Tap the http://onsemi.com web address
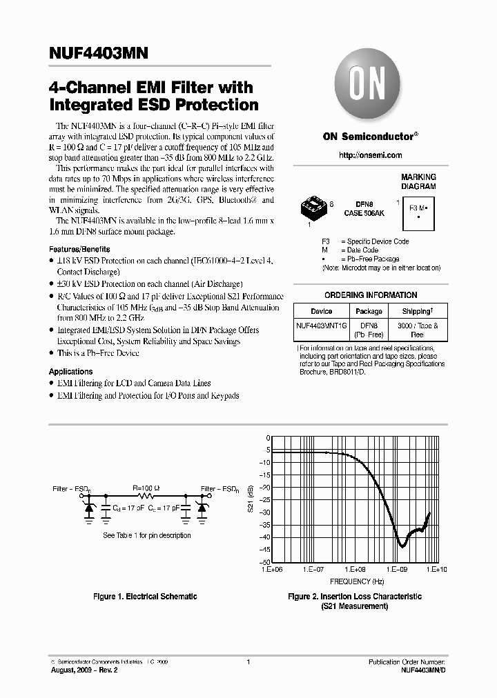pyautogui.click(x=371, y=156)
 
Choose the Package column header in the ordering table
pyautogui.click(x=369, y=311)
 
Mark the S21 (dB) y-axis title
pyautogui.click(x=249, y=501)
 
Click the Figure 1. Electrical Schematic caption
pyautogui.click(x=145, y=597)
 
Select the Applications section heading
pyautogui.click(x=70, y=372)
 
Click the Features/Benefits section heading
pyautogui.click(x=79, y=249)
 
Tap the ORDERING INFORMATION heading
pyautogui.click(x=371, y=295)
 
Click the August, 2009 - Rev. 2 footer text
pyautogui.click(x=80, y=670)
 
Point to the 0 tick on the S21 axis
pyautogui.click(x=268, y=438)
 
